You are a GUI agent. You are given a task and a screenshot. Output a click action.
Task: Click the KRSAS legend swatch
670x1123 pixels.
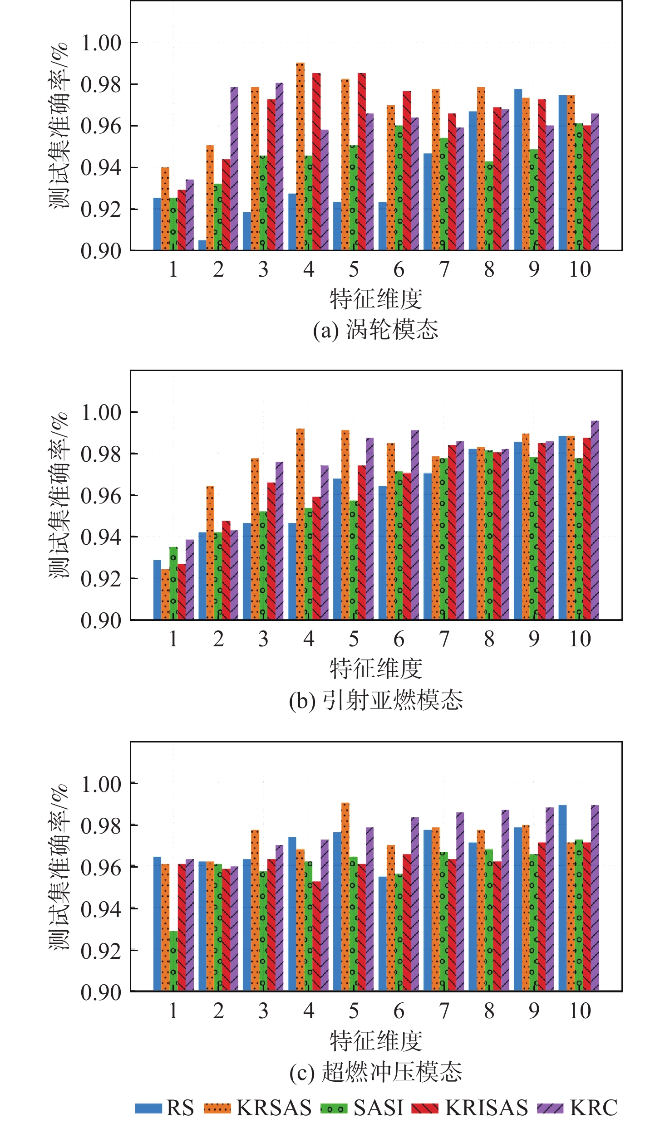coord(217,1108)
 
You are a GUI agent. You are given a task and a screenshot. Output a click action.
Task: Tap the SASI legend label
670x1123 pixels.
coord(379,1108)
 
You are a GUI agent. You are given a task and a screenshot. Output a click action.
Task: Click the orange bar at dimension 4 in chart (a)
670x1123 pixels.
coord(301,156)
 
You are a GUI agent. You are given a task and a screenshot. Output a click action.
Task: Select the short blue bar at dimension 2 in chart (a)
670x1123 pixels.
coord(202,245)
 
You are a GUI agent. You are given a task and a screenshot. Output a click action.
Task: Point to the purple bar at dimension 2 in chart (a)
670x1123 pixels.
coord(234,168)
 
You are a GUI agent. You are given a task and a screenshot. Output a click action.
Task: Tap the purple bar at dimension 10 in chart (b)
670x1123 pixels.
coord(595,520)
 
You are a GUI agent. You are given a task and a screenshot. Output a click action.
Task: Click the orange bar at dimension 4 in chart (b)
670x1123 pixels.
coord(301,524)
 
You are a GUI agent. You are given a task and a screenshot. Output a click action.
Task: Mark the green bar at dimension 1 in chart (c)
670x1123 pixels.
coord(173,961)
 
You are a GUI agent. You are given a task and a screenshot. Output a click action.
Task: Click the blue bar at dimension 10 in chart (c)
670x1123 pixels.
coord(563,898)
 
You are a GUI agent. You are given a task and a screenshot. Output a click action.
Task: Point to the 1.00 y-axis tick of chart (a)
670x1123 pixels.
coord(101,43)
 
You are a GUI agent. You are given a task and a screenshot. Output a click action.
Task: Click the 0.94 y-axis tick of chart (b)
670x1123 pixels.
coord(101,537)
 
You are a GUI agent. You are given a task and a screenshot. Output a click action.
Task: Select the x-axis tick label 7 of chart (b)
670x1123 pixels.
coord(444,639)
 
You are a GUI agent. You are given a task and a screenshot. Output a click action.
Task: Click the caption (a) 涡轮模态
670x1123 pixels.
coord(376,330)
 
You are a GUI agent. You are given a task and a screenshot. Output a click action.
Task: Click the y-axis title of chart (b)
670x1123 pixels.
coord(59,495)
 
